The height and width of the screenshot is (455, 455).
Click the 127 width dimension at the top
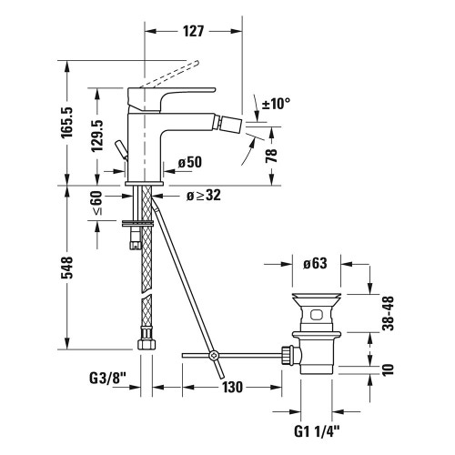pyautogui.click(x=192, y=29)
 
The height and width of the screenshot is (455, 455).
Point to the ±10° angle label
pyautogui.click(x=277, y=104)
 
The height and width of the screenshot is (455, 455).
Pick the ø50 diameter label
pyautogui.click(x=189, y=162)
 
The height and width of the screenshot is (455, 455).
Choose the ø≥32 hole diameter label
pyautogui.click(x=204, y=194)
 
